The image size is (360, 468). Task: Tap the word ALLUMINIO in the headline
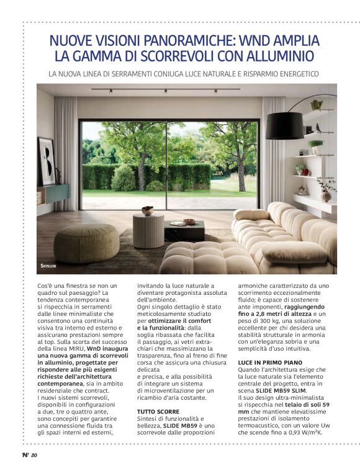coord(282,56)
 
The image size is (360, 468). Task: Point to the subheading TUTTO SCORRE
coord(158,412)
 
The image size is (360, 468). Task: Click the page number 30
coord(34,456)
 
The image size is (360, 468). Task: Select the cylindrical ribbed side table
coord(148,231)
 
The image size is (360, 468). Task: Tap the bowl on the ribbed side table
coord(148,211)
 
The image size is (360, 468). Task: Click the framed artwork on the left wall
coord(47,161)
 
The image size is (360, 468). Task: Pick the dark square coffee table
coord(184,231)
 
